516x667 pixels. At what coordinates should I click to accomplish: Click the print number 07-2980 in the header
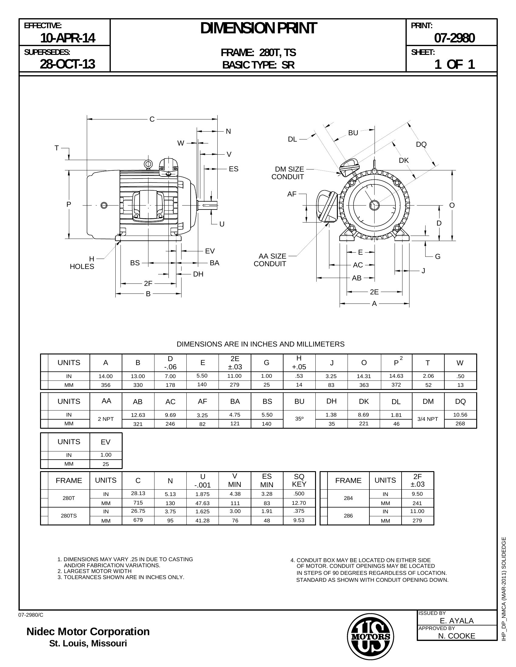(x=454, y=38)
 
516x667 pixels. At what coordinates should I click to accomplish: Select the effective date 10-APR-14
(x=68, y=38)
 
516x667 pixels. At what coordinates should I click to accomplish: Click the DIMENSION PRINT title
(x=258, y=28)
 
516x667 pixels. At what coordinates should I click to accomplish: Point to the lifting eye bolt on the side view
(x=148, y=164)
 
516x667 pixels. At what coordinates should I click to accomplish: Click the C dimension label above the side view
(x=152, y=119)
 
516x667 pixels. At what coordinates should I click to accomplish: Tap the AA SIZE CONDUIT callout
(x=270, y=260)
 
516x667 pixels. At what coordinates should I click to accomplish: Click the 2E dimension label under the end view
(x=374, y=292)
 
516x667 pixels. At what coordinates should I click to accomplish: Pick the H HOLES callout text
(x=82, y=263)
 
